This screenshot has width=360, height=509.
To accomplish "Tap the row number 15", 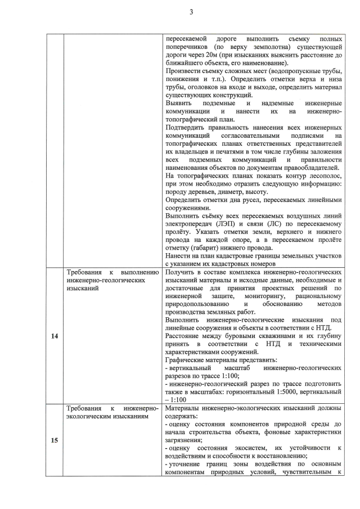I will click(55, 440).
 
